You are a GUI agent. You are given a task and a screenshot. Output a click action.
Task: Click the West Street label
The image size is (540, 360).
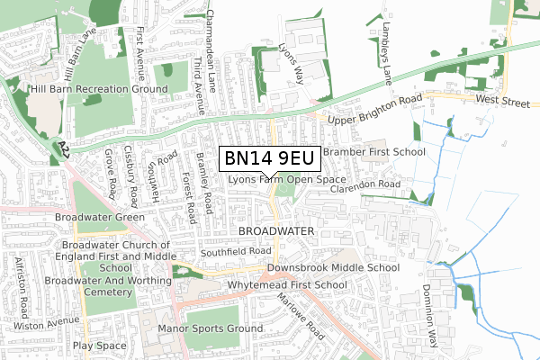point(503,103)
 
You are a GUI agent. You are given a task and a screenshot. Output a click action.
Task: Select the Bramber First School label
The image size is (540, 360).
point(373,152)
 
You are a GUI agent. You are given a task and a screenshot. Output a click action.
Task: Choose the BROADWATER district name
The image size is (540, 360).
point(276,231)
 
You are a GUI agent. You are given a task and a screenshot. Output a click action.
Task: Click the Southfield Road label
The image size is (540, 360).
point(236,251)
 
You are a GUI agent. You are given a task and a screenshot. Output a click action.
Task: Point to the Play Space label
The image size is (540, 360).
point(100,346)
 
